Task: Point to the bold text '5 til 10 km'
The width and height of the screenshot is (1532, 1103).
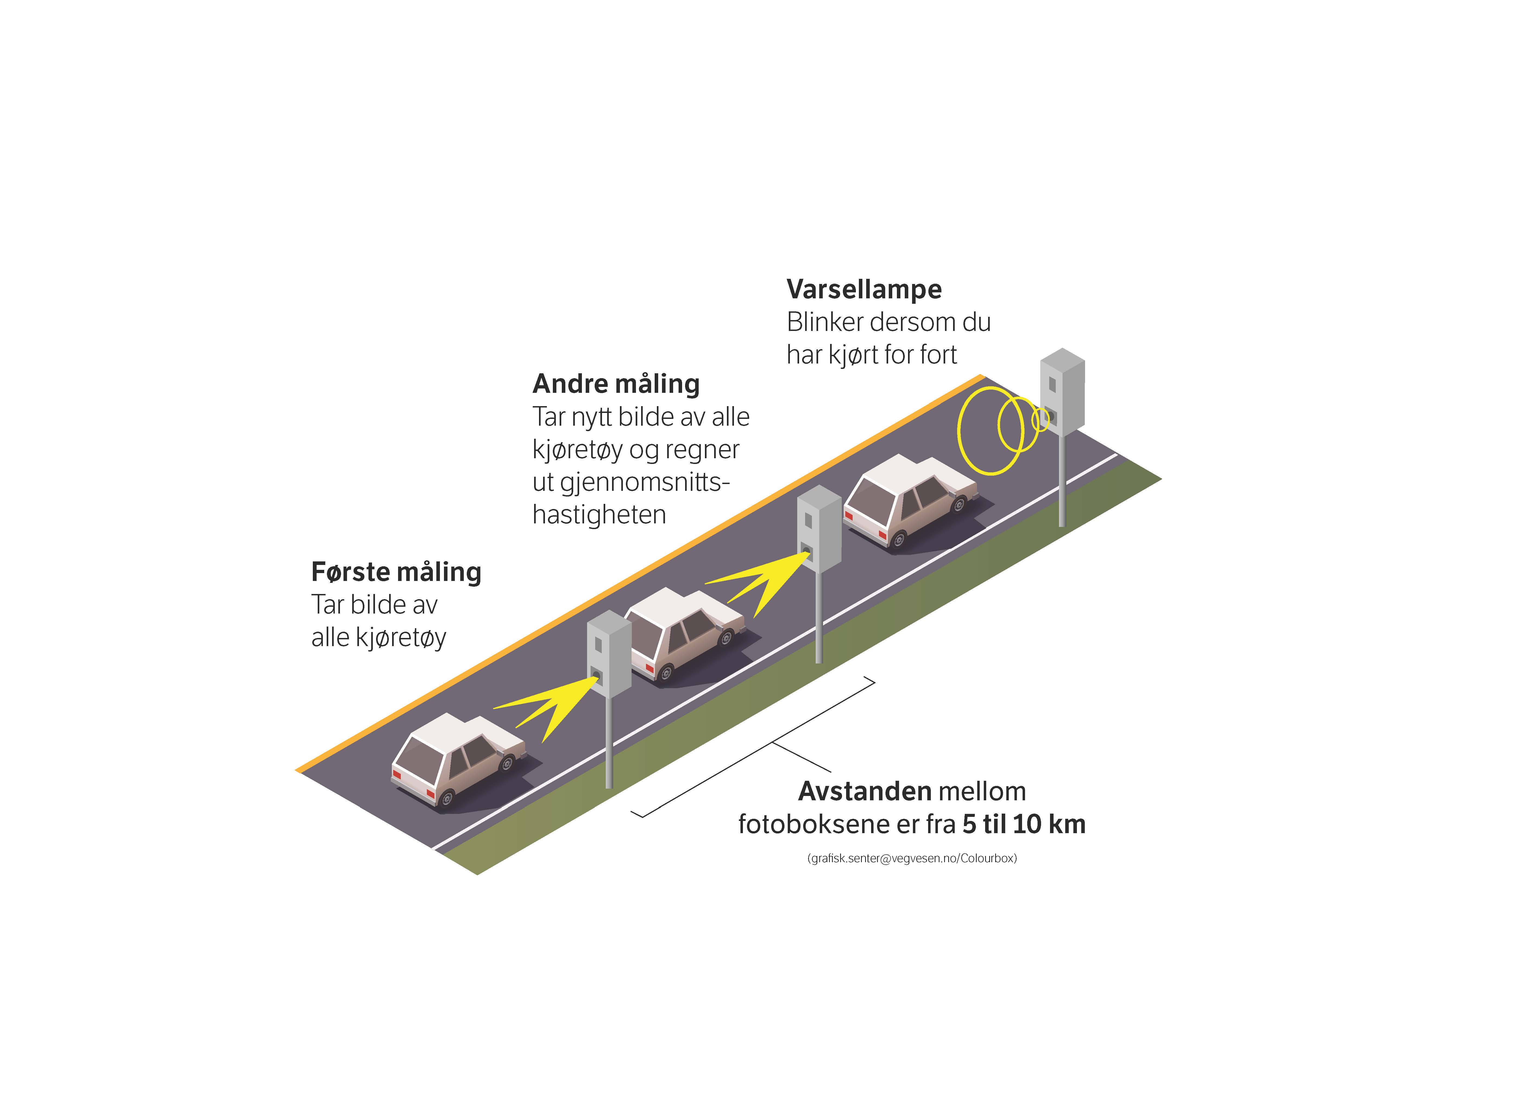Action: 1024,824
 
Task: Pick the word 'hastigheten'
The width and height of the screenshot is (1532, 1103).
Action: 599,515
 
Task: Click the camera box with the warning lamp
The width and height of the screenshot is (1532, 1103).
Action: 1062,392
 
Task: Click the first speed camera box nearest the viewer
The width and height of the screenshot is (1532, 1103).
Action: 609,654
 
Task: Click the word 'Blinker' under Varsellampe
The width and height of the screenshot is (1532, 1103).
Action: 825,322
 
